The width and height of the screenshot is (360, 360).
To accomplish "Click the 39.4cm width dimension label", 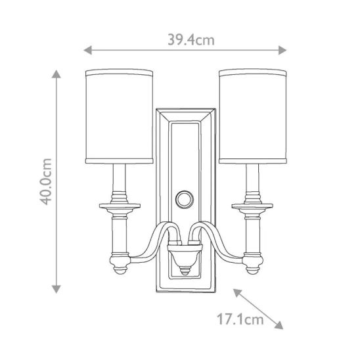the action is (x=191, y=40).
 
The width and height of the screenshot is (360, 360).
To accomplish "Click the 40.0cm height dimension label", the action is (x=45, y=181).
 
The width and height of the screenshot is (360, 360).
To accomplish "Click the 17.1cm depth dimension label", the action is (x=240, y=319).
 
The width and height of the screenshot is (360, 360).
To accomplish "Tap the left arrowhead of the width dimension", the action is (x=88, y=50).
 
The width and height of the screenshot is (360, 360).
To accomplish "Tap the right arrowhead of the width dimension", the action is (x=282, y=50).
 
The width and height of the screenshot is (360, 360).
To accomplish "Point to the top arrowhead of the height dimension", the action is (x=56, y=74).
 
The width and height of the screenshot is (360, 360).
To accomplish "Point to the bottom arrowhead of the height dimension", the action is (x=56, y=289).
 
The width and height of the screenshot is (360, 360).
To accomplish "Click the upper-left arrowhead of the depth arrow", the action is (x=237, y=292).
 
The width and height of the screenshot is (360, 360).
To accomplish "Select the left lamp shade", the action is (x=119, y=116).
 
